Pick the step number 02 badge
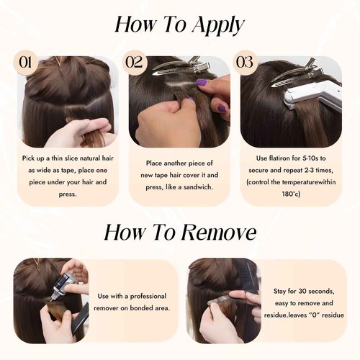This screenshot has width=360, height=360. [135, 62]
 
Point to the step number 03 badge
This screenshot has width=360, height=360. [246, 62]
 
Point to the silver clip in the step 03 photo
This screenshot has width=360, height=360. [292, 72]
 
